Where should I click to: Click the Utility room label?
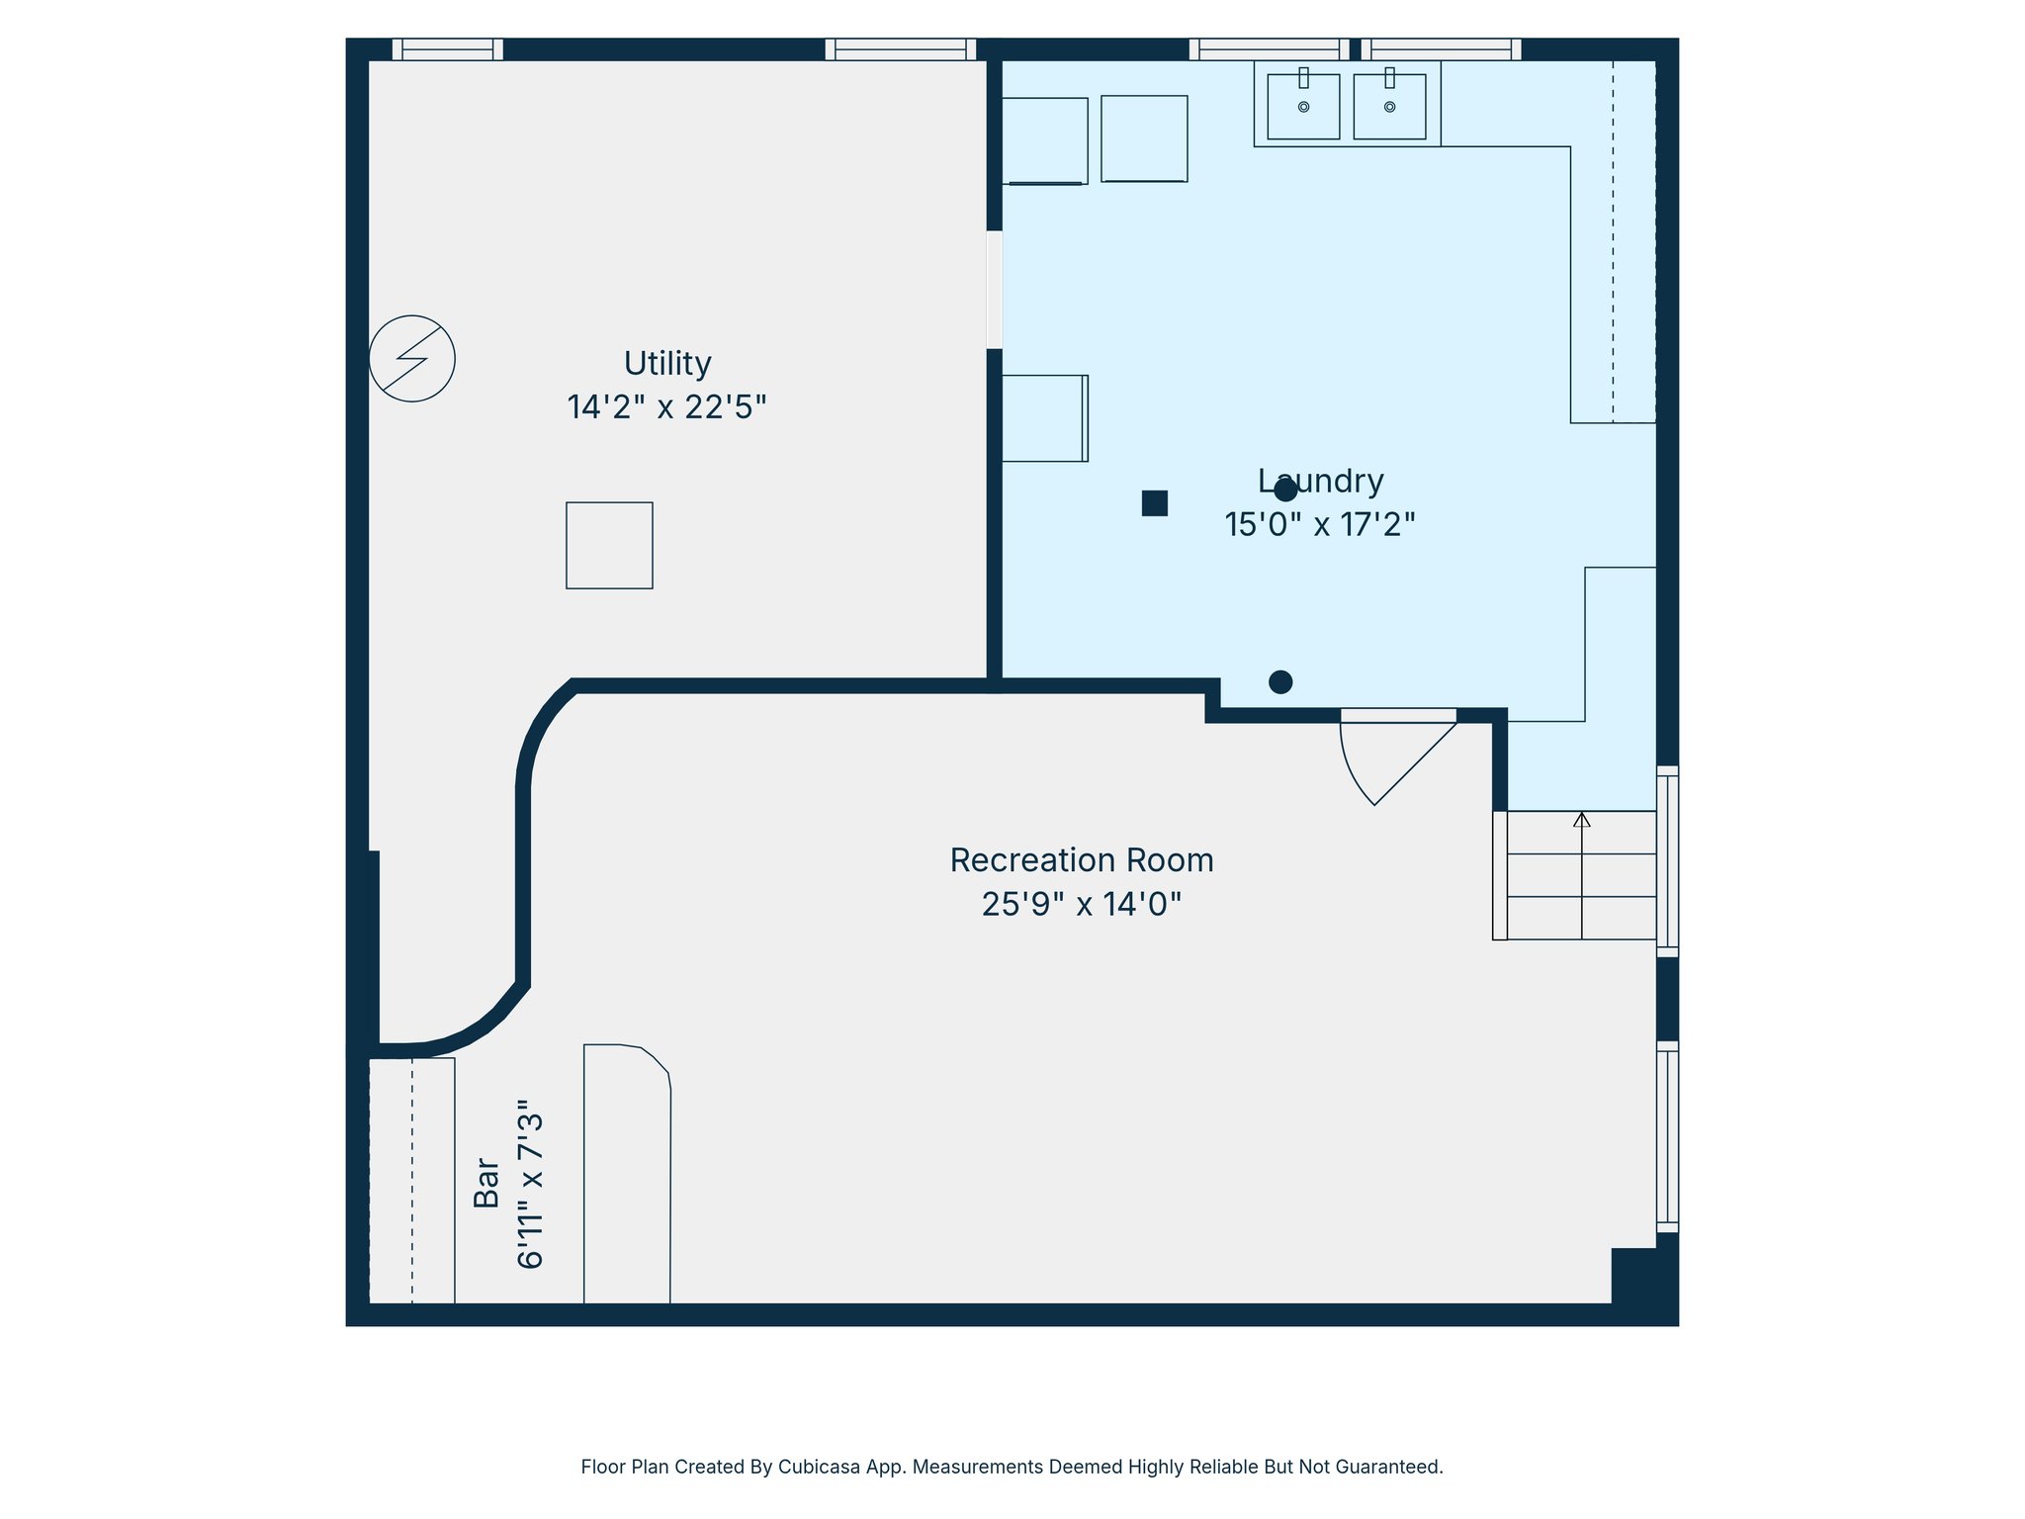667,365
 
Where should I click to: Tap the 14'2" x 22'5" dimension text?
667,407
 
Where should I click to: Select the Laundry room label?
1320,482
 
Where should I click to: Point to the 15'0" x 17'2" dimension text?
1320,524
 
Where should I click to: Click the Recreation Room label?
1082,860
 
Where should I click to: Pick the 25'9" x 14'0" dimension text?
1082,904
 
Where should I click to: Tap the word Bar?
486,1183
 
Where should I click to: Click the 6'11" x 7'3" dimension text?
531,1184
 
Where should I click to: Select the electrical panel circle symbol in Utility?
412,358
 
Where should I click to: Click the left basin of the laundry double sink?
1303,107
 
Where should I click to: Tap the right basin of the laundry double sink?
1389,107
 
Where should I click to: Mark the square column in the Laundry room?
1155,503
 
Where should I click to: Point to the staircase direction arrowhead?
1582,819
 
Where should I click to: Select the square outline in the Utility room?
609,546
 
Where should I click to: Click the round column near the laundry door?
1280,681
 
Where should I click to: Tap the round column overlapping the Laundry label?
1285,490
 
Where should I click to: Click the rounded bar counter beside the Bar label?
627,1174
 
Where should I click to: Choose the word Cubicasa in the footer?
817,1467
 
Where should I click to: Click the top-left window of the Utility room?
448,49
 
